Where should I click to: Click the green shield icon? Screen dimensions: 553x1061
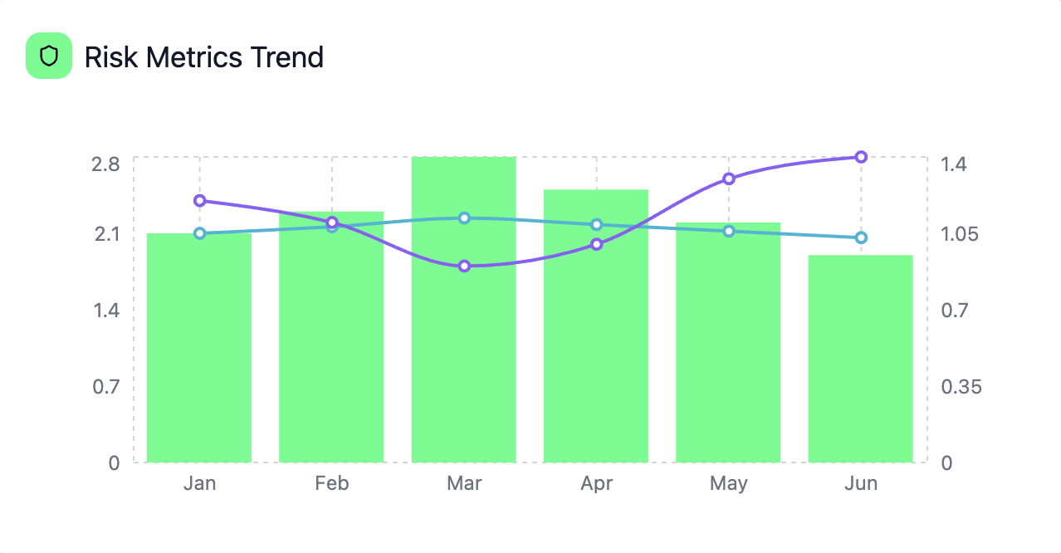pyautogui.click(x=49, y=56)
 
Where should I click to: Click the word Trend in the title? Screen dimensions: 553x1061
pyautogui.click(x=287, y=57)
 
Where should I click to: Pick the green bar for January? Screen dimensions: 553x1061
pyautogui.click(x=199, y=349)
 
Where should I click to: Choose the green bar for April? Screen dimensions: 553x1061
pyautogui.click(x=595, y=332)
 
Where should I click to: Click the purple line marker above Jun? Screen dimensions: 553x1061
pyautogui.click(x=861, y=157)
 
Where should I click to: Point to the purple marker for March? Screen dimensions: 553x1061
pyautogui.click(x=464, y=266)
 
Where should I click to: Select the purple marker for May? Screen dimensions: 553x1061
pyautogui.click(x=729, y=179)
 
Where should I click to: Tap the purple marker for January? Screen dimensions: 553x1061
pyautogui.click(x=199, y=200)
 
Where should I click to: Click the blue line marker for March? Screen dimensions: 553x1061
pyautogui.click(x=464, y=218)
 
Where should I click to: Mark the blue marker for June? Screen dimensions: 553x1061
pyautogui.click(x=861, y=237)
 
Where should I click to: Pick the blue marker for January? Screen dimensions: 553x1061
pyautogui.click(x=199, y=233)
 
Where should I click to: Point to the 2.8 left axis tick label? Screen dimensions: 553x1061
pyautogui.click(x=105, y=164)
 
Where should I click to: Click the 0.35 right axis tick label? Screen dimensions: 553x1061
pyautogui.click(x=961, y=386)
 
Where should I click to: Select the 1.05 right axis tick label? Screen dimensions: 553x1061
pyautogui.click(x=961, y=233)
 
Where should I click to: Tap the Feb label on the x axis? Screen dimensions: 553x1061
pyautogui.click(x=331, y=483)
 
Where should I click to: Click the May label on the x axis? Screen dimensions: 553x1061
pyautogui.click(x=728, y=483)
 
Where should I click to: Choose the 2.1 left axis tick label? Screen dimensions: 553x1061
pyautogui.click(x=105, y=233)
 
